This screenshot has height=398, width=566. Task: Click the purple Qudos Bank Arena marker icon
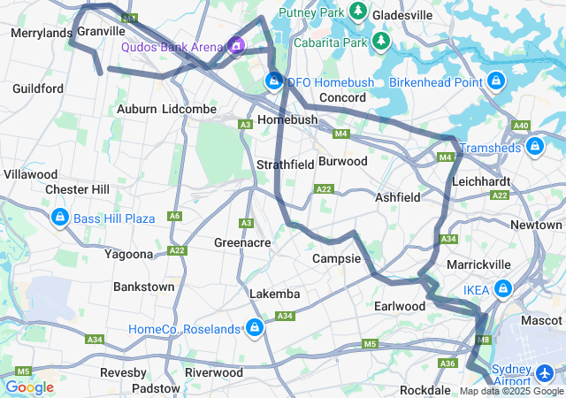pyautogui.click(x=236, y=44)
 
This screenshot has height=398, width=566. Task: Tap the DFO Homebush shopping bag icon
pyautogui.click(x=274, y=82)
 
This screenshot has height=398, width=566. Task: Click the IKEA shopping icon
pyautogui.click(x=502, y=289)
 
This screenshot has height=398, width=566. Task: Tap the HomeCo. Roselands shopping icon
pyautogui.click(x=255, y=329)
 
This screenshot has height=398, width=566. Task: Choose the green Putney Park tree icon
pyautogui.click(x=358, y=11)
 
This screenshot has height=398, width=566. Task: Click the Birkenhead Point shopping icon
pyautogui.click(x=495, y=82)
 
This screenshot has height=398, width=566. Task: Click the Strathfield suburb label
pyautogui.click(x=286, y=165)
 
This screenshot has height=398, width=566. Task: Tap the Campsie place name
pyautogui.click(x=337, y=259)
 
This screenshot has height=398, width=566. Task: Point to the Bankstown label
pyautogui.click(x=143, y=287)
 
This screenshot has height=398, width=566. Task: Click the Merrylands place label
pyautogui.click(x=41, y=33)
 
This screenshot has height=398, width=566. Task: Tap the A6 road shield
pyautogui.click(x=174, y=216)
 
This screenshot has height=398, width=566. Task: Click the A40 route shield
pyautogui.click(x=521, y=126)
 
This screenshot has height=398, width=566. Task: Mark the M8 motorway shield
pyautogui.click(x=482, y=340)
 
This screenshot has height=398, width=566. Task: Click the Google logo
pyautogui.click(x=29, y=387)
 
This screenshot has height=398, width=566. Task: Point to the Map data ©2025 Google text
pyautogui.click(x=511, y=391)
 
